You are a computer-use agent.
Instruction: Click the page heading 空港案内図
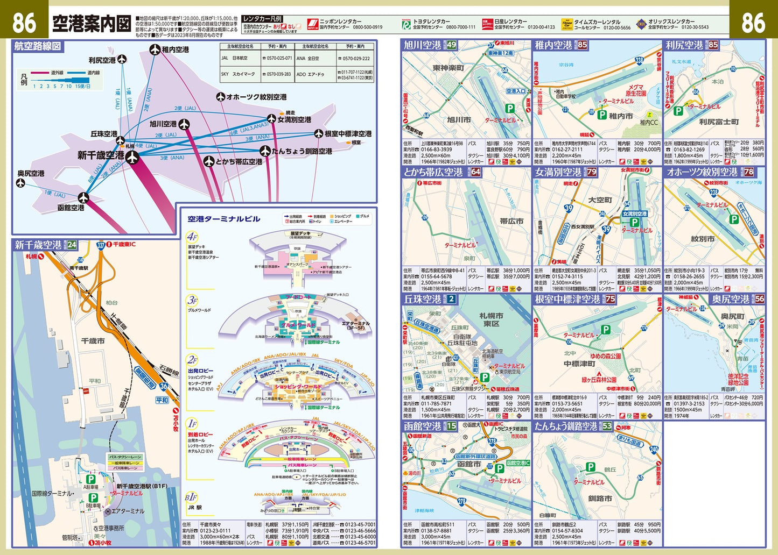pyautogui.click(x=91, y=24)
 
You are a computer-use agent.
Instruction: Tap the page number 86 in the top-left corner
pyautogui.click(x=24, y=23)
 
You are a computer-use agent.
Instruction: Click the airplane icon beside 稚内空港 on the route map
pyautogui.click(x=155, y=49)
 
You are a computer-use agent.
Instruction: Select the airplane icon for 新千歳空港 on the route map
pyautogui.click(x=132, y=157)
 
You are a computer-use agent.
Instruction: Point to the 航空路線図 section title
pyautogui.click(x=38, y=46)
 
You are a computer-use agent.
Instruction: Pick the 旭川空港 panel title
pyautogui.click(x=423, y=45)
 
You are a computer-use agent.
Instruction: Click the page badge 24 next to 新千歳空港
pyautogui.click(x=72, y=245)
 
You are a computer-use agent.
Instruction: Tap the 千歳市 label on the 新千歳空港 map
pyautogui.click(x=93, y=341)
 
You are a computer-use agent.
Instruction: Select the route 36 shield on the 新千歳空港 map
pyautogui.click(x=163, y=387)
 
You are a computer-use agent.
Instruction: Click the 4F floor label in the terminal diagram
pyautogui.click(x=192, y=237)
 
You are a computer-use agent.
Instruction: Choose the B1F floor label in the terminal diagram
pyautogui.click(x=192, y=497)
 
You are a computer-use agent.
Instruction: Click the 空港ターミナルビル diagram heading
pyautogui.click(x=223, y=219)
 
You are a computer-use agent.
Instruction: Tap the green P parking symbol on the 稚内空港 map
pyautogui.click(x=601, y=115)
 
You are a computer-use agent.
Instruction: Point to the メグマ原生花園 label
pyautogui.click(x=637, y=90)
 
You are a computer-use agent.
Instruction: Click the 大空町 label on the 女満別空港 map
pyautogui.click(x=600, y=200)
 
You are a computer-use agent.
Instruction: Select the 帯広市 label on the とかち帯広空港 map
pyautogui.click(x=511, y=221)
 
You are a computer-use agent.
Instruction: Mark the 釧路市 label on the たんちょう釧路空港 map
pyautogui.click(x=599, y=499)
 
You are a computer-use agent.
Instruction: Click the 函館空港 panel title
pyautogui.click(x=423, y=426)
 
